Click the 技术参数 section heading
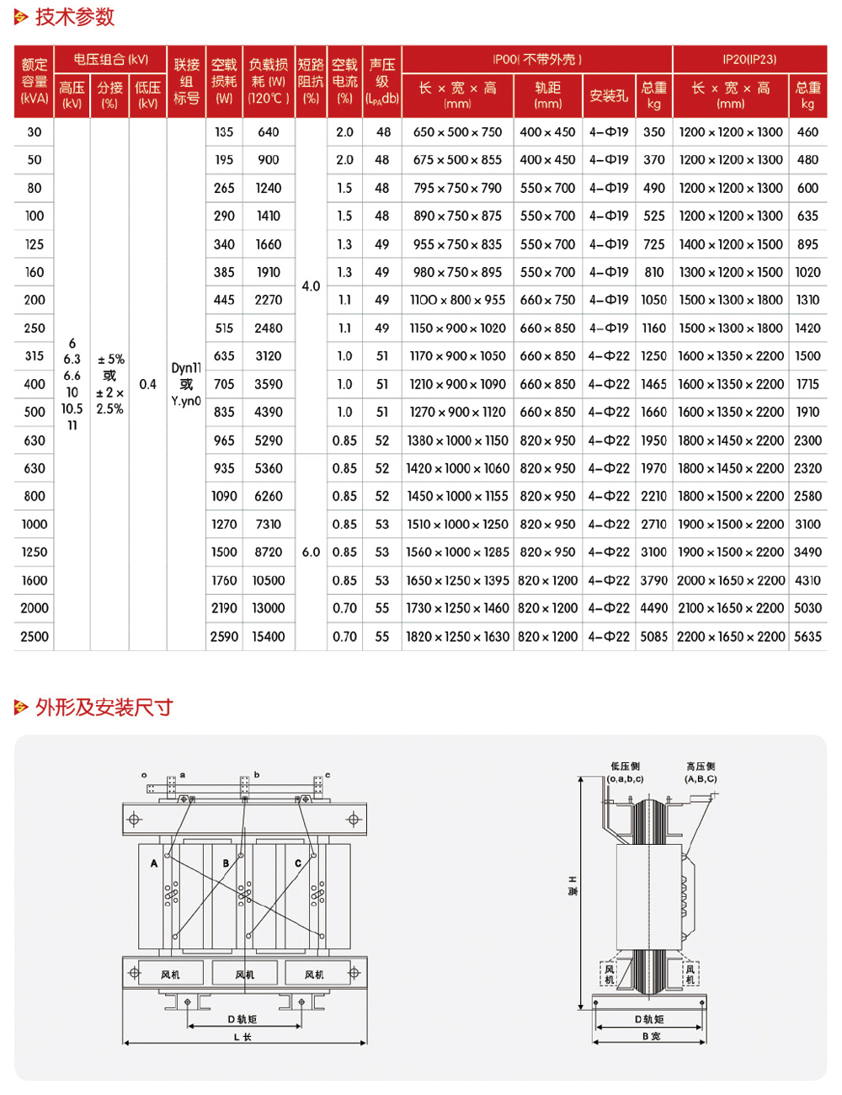74,17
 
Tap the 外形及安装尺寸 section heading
104,707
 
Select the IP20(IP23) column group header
749,59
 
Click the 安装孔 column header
609,96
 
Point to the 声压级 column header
382,82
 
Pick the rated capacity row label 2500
35,637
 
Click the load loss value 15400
269,637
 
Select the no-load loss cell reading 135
224,132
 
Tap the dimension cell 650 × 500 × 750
457,132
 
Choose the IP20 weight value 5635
807,637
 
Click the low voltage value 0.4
148,384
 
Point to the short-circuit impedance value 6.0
311,553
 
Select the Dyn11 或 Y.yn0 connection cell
186,384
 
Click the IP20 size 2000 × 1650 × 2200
731,580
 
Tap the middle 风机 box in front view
245,975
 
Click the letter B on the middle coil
226,863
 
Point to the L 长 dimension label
242,1037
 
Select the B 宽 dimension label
651,1036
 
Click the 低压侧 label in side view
626,766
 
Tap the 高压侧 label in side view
701,766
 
